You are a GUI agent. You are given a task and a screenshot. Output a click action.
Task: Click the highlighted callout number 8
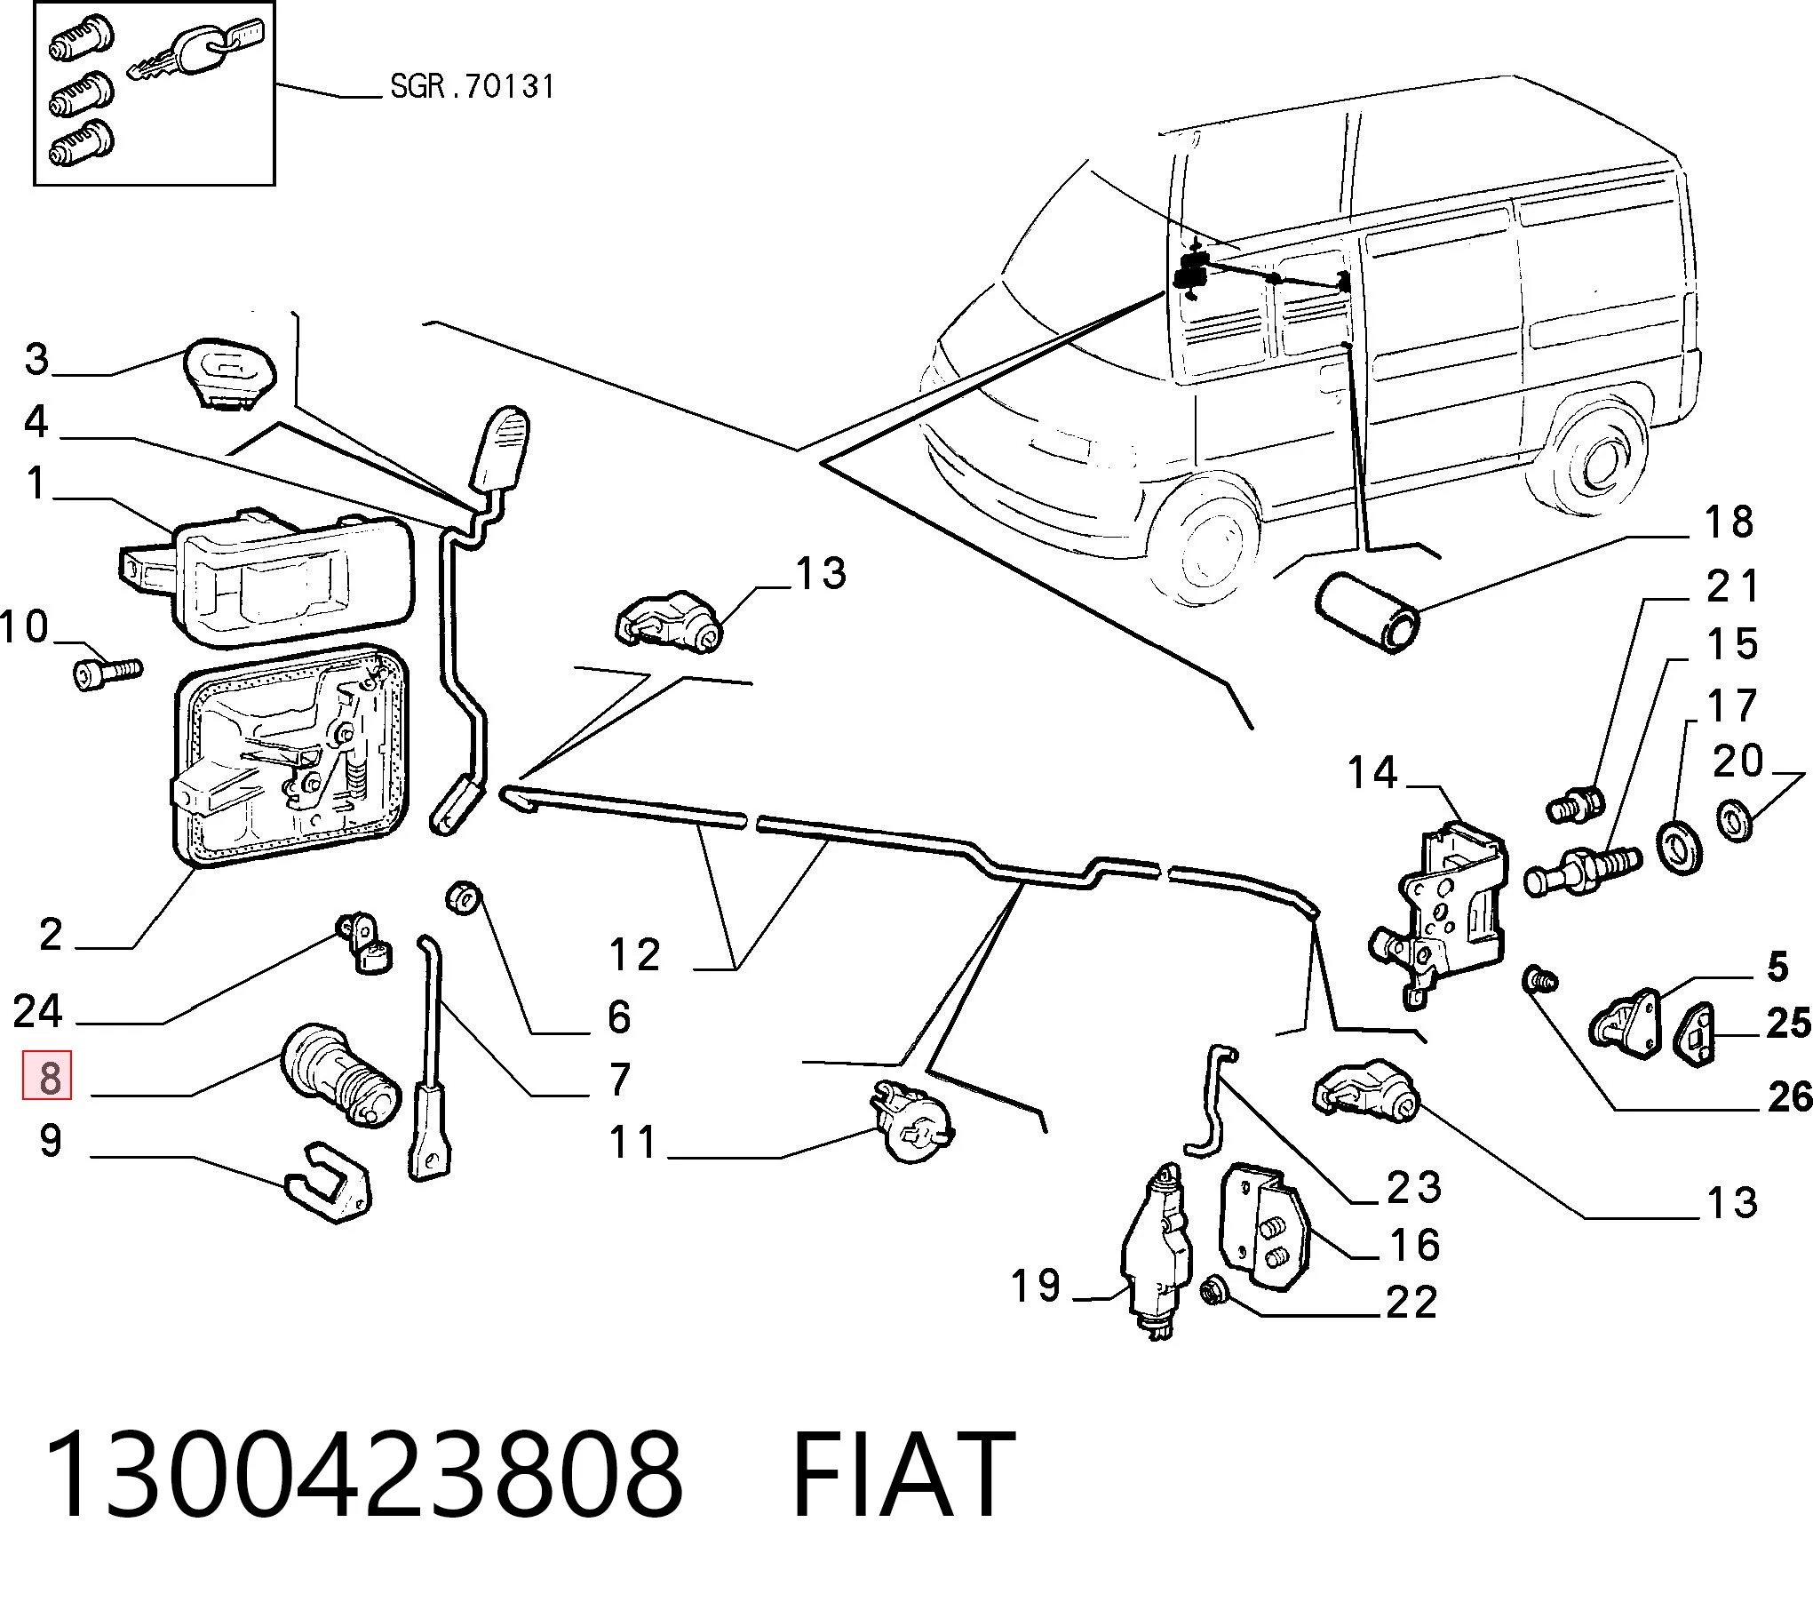coord(47,1077)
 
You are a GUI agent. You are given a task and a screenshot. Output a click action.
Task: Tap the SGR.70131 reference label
coord(473,86)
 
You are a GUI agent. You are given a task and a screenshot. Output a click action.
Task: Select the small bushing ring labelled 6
coord(463,897)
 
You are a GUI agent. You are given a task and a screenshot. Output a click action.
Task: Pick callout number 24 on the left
coord(37,1011)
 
